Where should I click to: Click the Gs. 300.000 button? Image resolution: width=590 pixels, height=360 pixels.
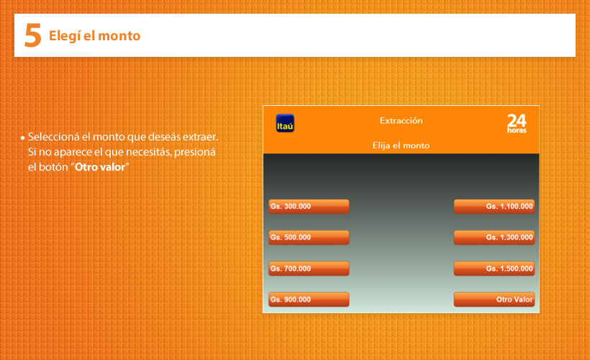(309, 207)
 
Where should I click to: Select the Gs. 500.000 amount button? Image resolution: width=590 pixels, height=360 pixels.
(309, 237)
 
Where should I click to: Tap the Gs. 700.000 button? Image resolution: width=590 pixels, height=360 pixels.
(309, 269)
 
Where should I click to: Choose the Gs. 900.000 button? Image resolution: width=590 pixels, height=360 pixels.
(309, 300)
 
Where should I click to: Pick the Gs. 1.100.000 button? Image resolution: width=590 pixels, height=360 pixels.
(494, 207)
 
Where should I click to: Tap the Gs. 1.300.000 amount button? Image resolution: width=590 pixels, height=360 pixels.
(494, 237)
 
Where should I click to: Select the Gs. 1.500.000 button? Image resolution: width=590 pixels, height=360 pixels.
(494, 269)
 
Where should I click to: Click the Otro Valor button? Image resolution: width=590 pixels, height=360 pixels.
(494, 300)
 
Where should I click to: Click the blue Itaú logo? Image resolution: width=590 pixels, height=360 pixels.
(285, 123)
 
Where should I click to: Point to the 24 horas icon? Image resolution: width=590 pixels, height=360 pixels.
(517, 124)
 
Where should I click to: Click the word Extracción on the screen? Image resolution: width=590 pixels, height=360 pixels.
(401, 120)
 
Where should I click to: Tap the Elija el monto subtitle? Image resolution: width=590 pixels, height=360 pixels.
(401, 145)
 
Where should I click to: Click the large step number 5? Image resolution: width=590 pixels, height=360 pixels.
(32, 35)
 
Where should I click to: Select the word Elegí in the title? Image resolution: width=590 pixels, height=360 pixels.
(64, 37)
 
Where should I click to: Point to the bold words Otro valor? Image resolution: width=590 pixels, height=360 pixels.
(100, 167)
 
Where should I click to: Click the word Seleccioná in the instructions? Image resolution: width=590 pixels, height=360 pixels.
(54, 137)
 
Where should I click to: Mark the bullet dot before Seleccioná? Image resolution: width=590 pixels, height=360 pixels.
(23, 138)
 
